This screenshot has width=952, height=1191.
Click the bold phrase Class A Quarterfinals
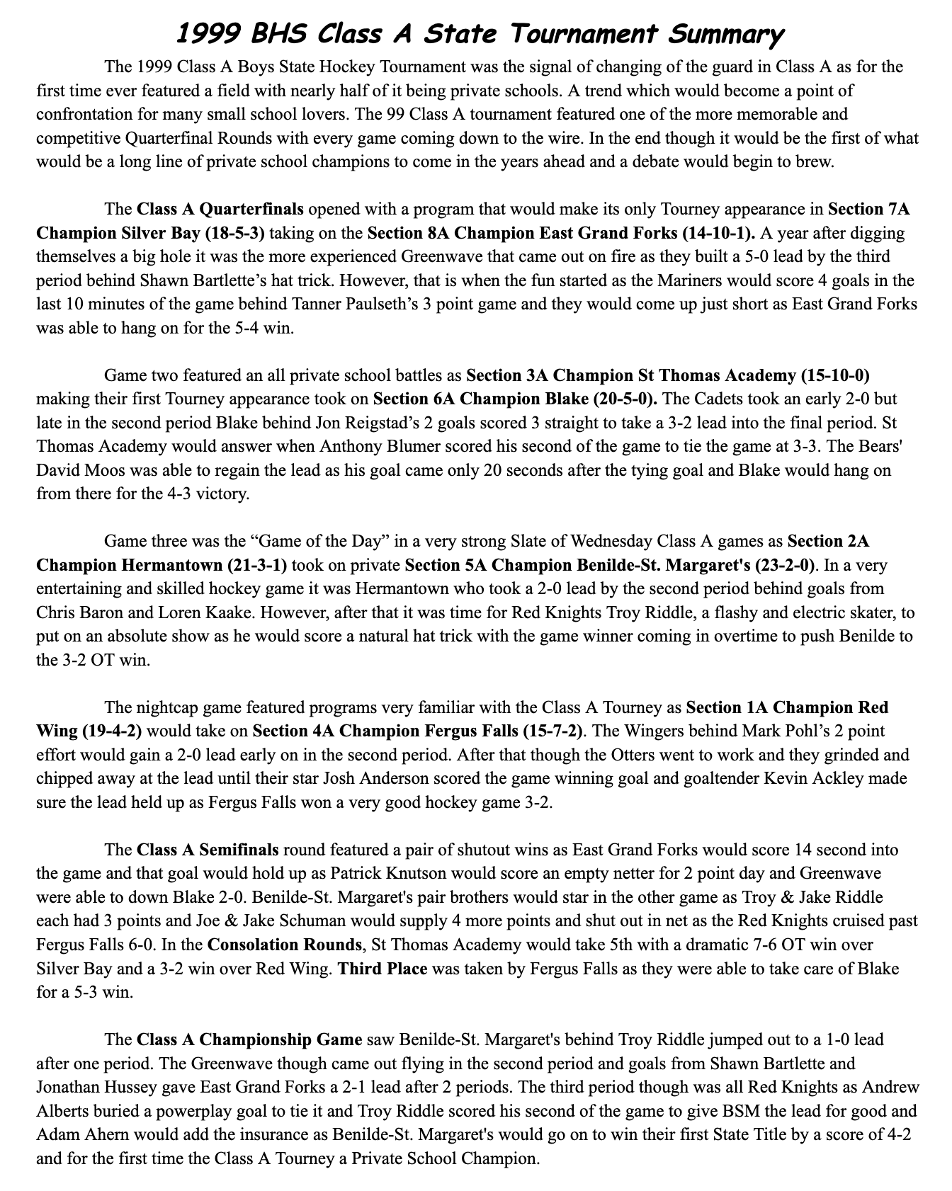(x=220, y=210)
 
